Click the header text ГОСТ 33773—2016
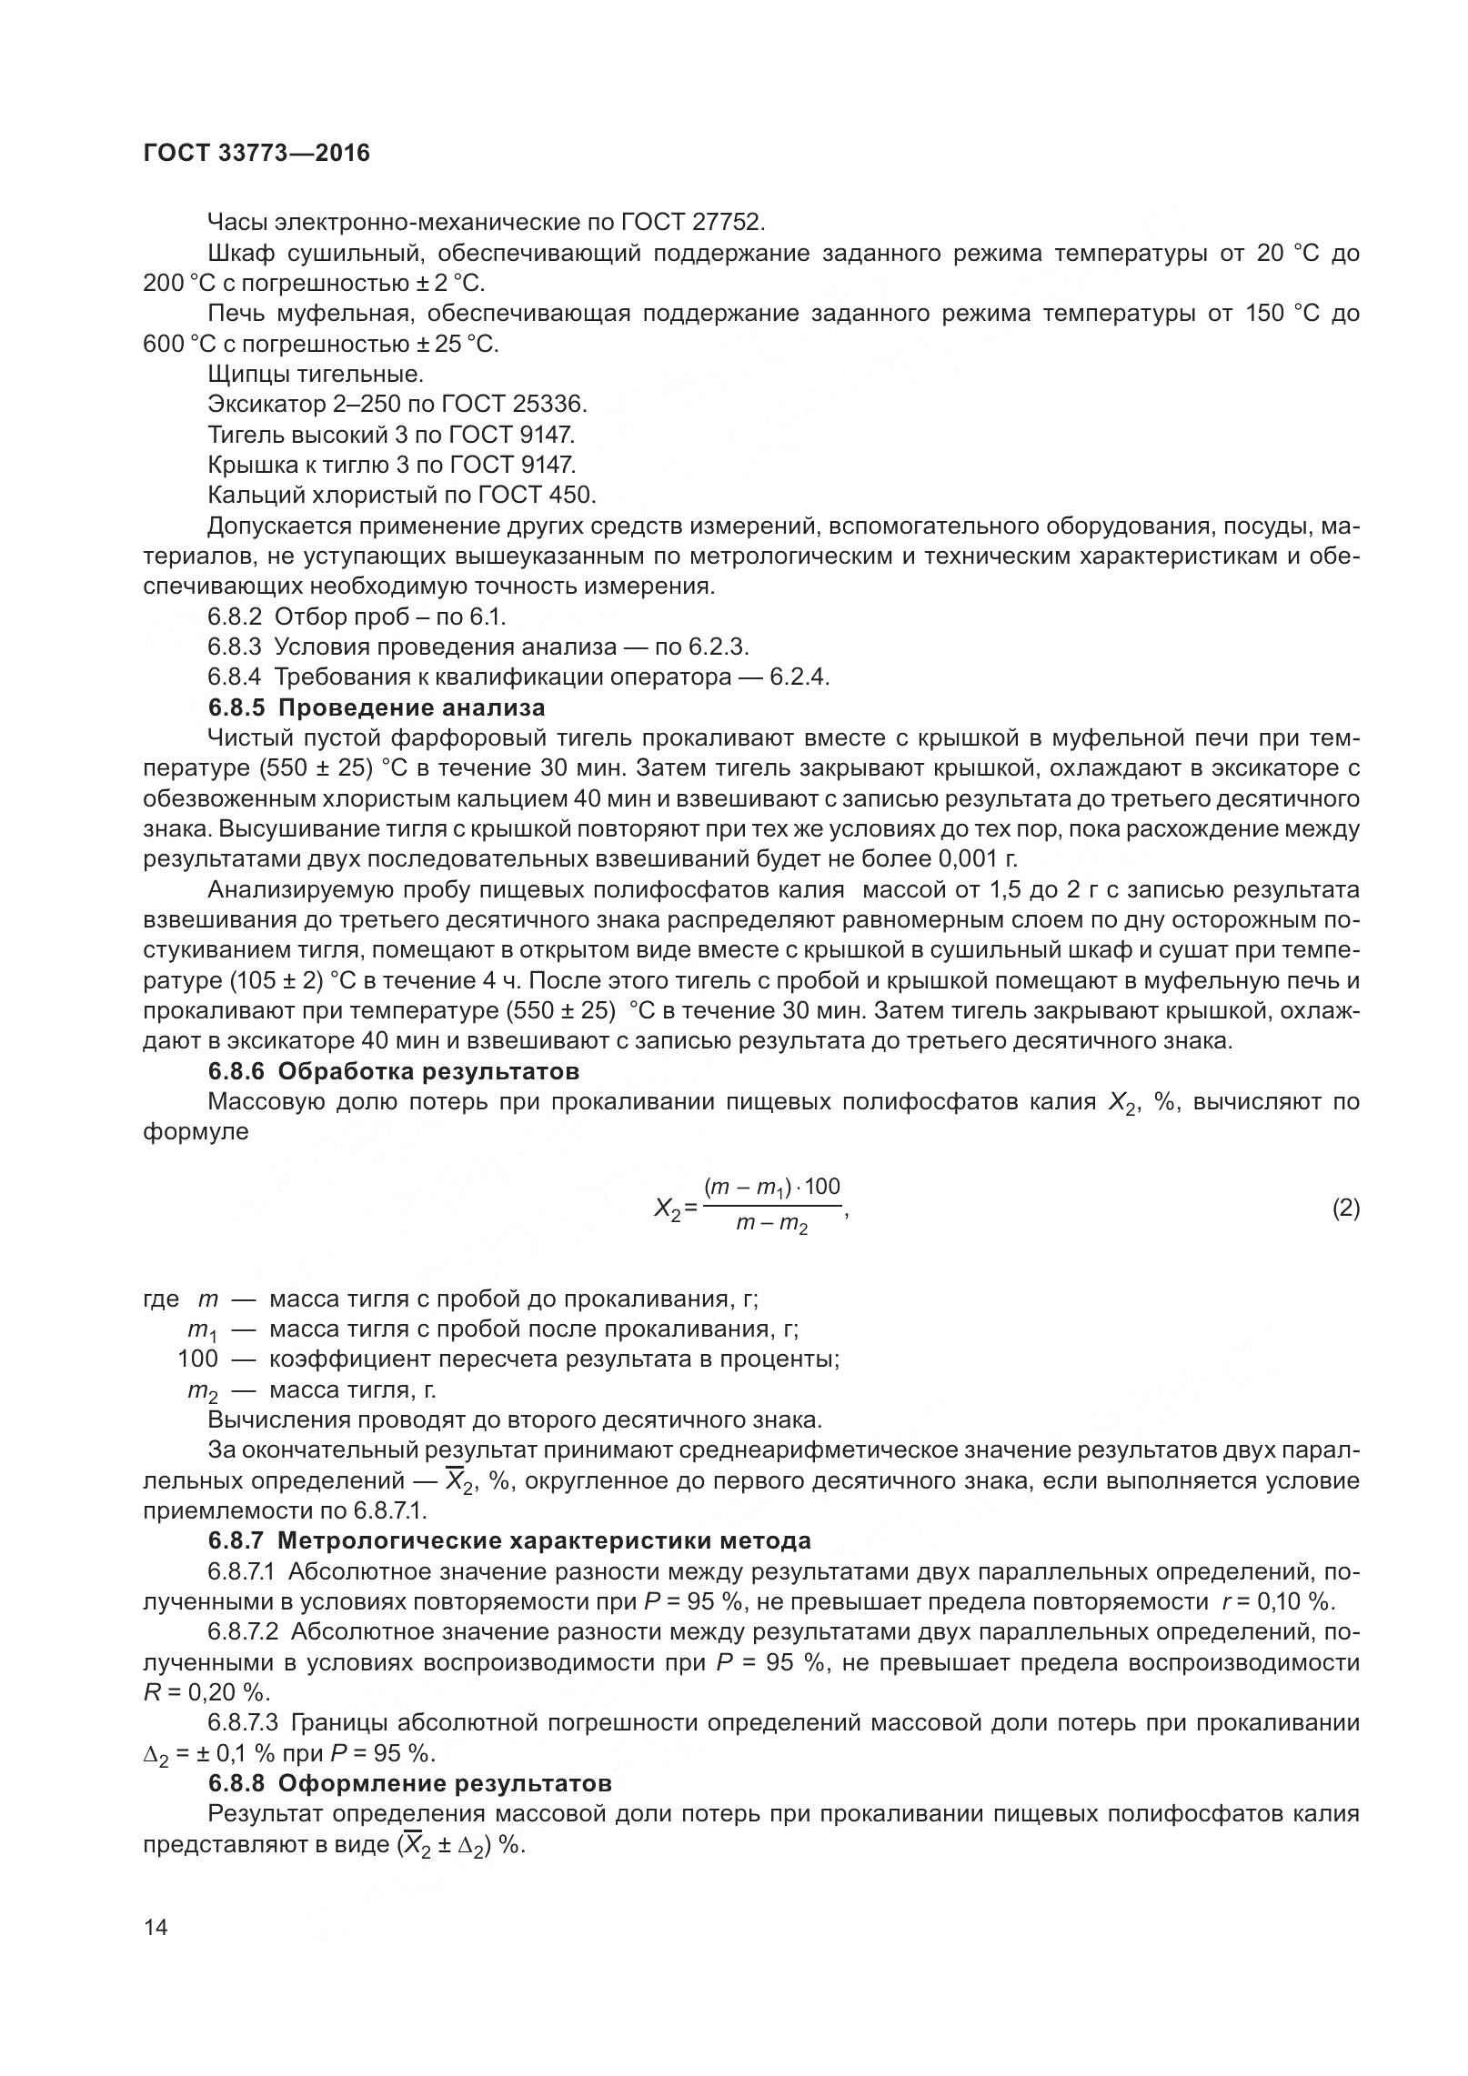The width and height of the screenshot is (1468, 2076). (x=256, y=154)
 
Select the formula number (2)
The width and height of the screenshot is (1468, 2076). (x=1345, y=1208)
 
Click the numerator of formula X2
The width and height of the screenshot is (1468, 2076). (x=771, y=1188)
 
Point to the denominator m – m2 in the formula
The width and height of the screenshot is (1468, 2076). (x=771, y=1227)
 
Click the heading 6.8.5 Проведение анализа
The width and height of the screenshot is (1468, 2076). (x=377, y=707)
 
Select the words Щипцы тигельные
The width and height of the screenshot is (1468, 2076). (x=316, y=374)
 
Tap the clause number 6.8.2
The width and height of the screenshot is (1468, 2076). (x=235, y=617)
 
